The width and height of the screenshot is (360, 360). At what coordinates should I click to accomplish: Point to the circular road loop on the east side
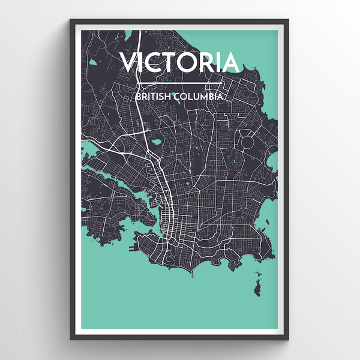coord(248,126)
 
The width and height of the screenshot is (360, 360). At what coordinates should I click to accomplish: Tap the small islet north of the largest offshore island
coord(259,273)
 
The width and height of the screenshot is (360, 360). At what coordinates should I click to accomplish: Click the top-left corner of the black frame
coord(71,20)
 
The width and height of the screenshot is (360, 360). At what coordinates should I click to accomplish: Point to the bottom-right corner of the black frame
coord(289,340)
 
